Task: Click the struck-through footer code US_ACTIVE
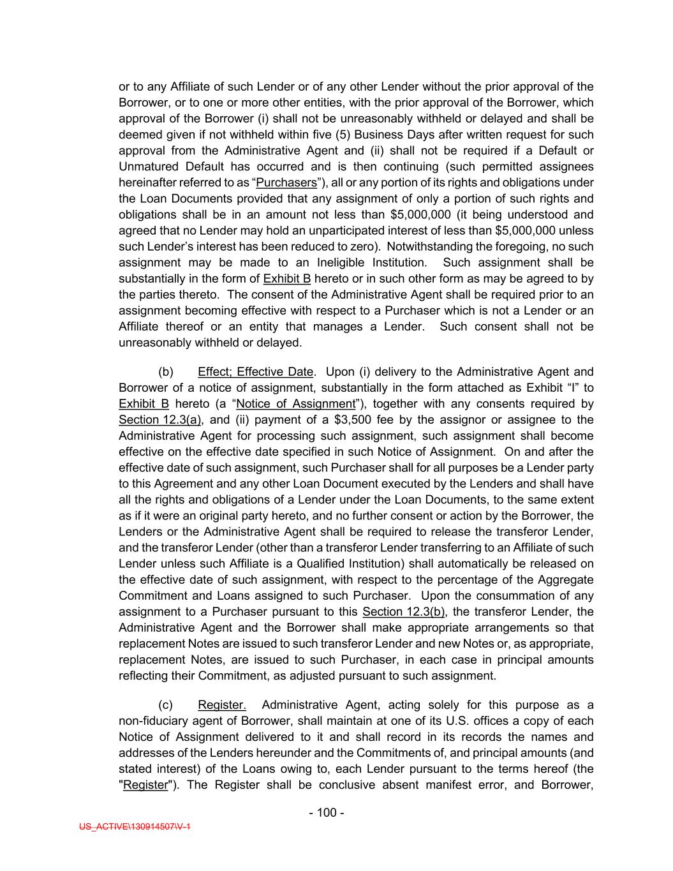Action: [135, 826]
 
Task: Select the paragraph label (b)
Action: [166, 371]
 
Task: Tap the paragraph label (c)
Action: [165, 704]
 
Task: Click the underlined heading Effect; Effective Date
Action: [256, 371]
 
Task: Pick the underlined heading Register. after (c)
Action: [222, 704]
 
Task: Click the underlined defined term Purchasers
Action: [286, 182]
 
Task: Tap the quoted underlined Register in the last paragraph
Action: [145, 784]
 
